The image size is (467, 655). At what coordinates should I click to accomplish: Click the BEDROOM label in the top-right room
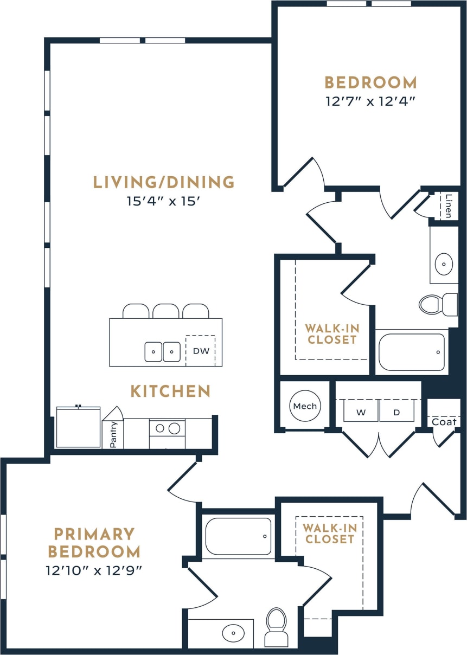point(370,83)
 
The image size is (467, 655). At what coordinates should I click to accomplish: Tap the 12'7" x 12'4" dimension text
point(370,101)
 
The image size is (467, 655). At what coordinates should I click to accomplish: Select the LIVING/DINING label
point(164,183)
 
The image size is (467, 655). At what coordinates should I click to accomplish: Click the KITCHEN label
point(170,391)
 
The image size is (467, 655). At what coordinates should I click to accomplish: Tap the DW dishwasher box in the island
point(201,351)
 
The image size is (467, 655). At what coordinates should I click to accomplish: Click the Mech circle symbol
point(305,406)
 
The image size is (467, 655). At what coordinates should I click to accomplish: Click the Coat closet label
point(444,421)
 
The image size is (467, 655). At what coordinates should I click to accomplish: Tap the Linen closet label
point(448,206)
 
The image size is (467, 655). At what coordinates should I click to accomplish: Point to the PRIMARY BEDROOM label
point(94,543)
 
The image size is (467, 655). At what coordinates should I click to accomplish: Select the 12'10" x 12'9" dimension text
point(94,570)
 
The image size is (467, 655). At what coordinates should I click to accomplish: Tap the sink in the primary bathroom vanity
point(234,633)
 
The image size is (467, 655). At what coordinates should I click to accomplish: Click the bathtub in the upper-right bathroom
point(411,352)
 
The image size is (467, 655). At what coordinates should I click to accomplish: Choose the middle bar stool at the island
point(166,311)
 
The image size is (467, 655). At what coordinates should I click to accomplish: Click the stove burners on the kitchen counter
point(167,428)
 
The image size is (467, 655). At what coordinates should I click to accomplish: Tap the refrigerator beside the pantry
point(79,428)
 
